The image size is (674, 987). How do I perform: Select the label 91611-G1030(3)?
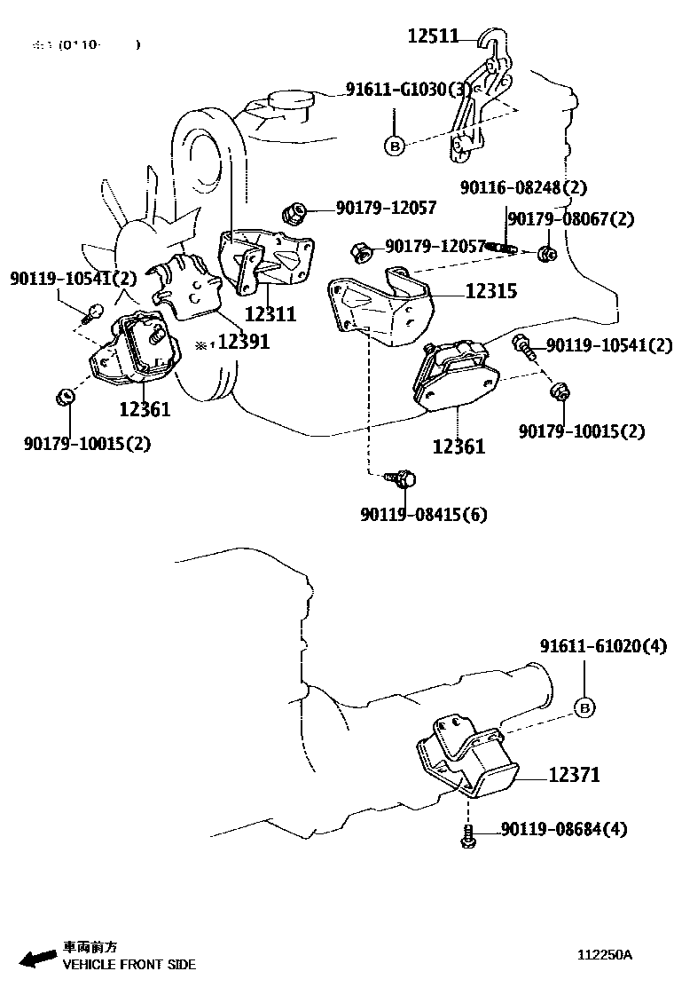click(408, 90)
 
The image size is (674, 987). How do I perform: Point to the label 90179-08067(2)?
click(571, 219)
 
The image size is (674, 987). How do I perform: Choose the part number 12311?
click(270, 314)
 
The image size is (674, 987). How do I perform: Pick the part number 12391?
click(244, 342)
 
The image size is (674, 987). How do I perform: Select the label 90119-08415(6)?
click(424, 514)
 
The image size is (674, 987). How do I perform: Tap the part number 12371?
click(574, 776)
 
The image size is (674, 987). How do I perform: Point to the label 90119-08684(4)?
click(564, 830)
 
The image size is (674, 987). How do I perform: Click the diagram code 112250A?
click(605, 955)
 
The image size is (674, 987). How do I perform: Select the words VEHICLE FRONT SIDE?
click(129, 964)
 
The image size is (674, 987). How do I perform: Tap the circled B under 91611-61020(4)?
click(584, 707)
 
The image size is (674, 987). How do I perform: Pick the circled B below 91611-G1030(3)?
click(395, 145)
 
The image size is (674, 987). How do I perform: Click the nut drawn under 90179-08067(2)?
click(547, 255)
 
